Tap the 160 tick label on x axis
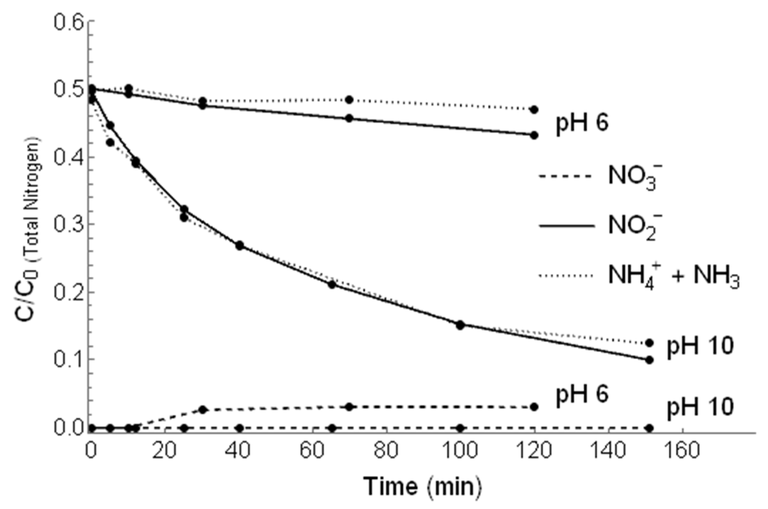[x=683, y=451]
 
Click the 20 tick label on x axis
[x=165, y=451]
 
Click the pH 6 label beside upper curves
[x=582, y=124]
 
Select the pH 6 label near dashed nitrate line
[x=582, y=395]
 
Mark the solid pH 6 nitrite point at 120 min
[x=534, y=135]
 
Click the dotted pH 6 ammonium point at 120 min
[x=534, y=110]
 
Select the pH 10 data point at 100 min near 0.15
[x=460, y=325]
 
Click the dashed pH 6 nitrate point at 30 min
[x=202, y=410]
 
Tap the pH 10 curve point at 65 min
[x=332, y=284]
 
